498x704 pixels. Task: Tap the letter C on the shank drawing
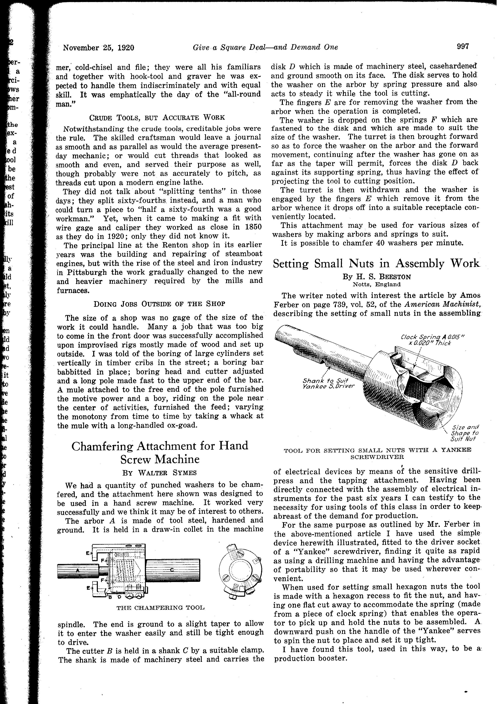(x=172, y=570)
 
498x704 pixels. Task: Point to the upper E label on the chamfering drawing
(x=88, y=554)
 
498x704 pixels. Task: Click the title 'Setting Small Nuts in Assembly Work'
(x=376, y=264)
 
